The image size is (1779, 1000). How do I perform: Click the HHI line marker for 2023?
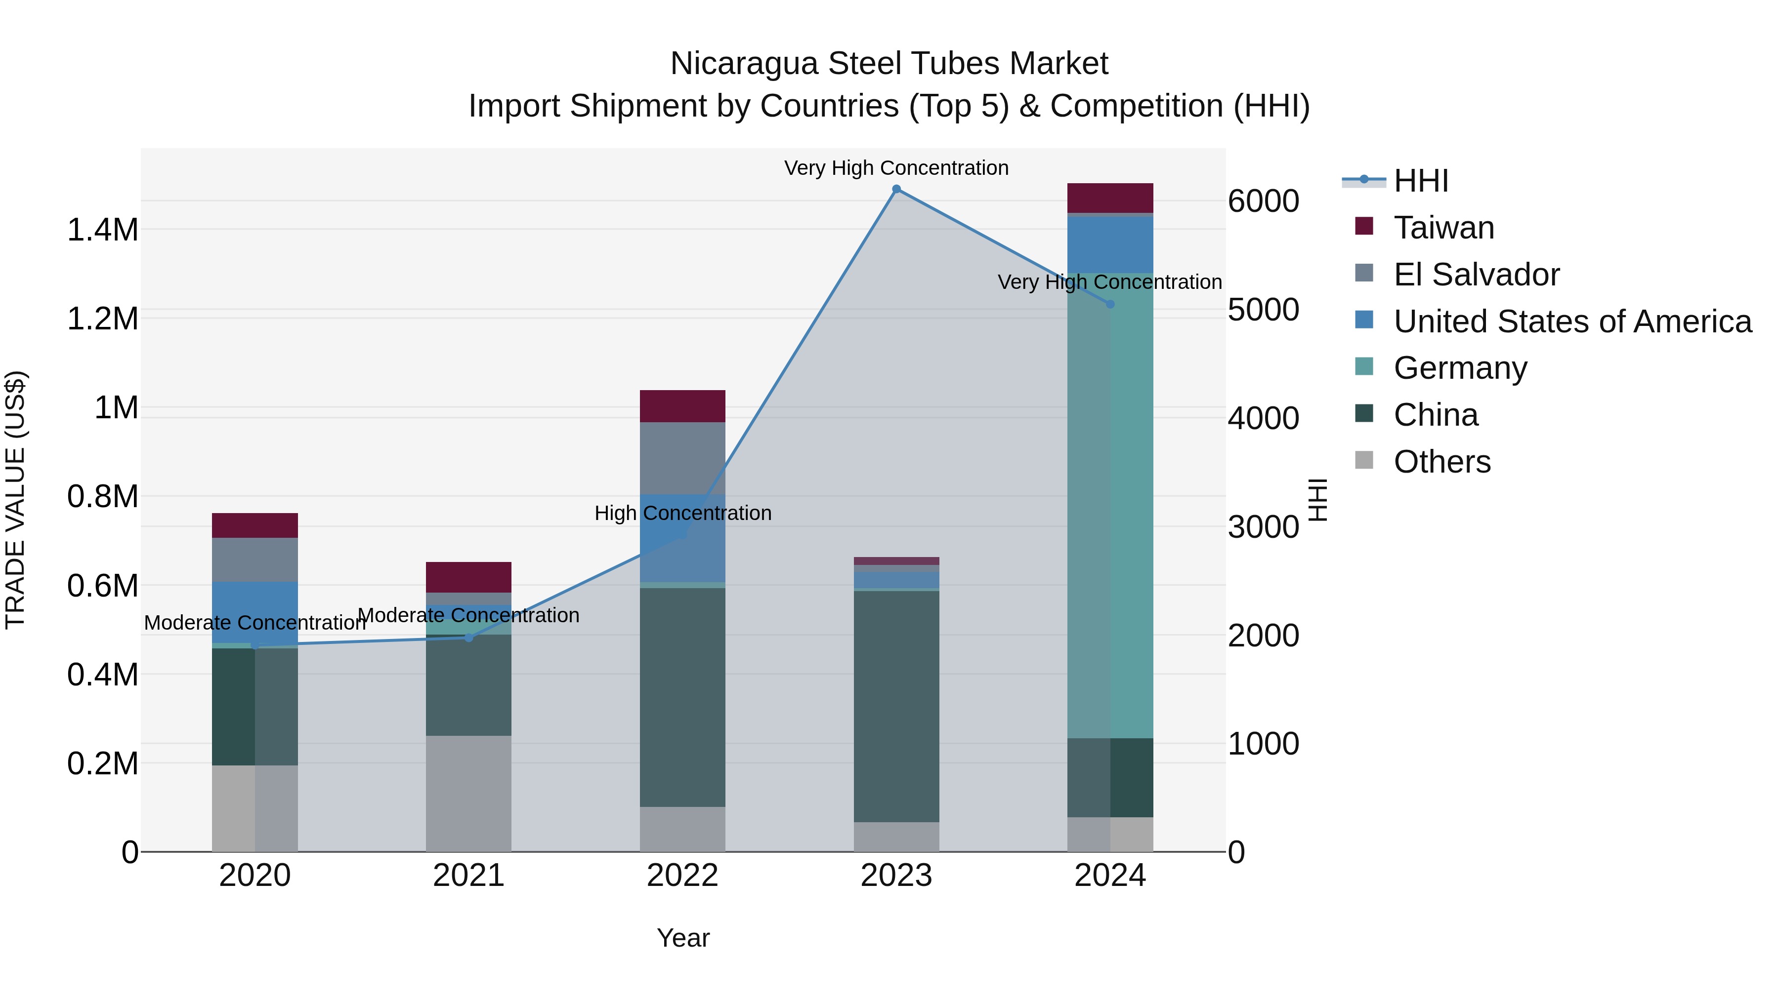click(896, 189)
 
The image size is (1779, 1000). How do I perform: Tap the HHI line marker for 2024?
click(1110, 304)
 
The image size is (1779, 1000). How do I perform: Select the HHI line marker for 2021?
click(469, 638)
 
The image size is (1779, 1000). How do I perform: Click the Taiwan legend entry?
click(1443, 228)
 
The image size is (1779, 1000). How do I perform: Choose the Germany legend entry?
click(1460, 368)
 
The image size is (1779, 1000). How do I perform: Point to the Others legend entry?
click(1441, 462)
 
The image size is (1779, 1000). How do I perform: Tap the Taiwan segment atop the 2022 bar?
click(682, 406)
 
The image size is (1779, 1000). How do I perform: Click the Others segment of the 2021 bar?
click(469, 793)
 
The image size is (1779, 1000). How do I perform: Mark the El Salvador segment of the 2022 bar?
click(682, 458)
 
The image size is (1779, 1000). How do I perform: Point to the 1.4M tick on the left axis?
click(103, 230)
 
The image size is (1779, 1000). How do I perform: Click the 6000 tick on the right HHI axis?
click(1263, 201)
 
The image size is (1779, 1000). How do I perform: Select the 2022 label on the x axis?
click(682, 876)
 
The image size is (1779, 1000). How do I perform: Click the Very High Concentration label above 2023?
click(896, 168)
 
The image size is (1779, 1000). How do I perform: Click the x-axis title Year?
click(683, 938)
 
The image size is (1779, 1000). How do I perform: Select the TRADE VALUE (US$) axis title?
click(15, 500)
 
